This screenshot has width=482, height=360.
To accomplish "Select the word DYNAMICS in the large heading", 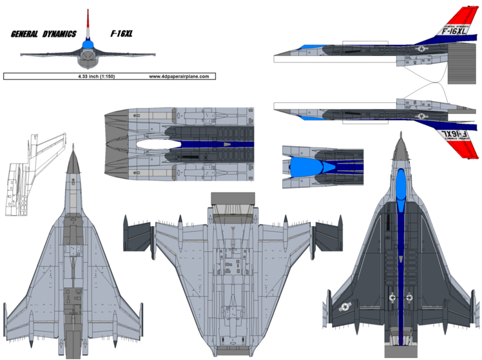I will pos(59,33).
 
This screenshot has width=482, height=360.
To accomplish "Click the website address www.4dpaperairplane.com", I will pos(179,76).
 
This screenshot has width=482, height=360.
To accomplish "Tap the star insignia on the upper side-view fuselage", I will pos(421,48).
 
